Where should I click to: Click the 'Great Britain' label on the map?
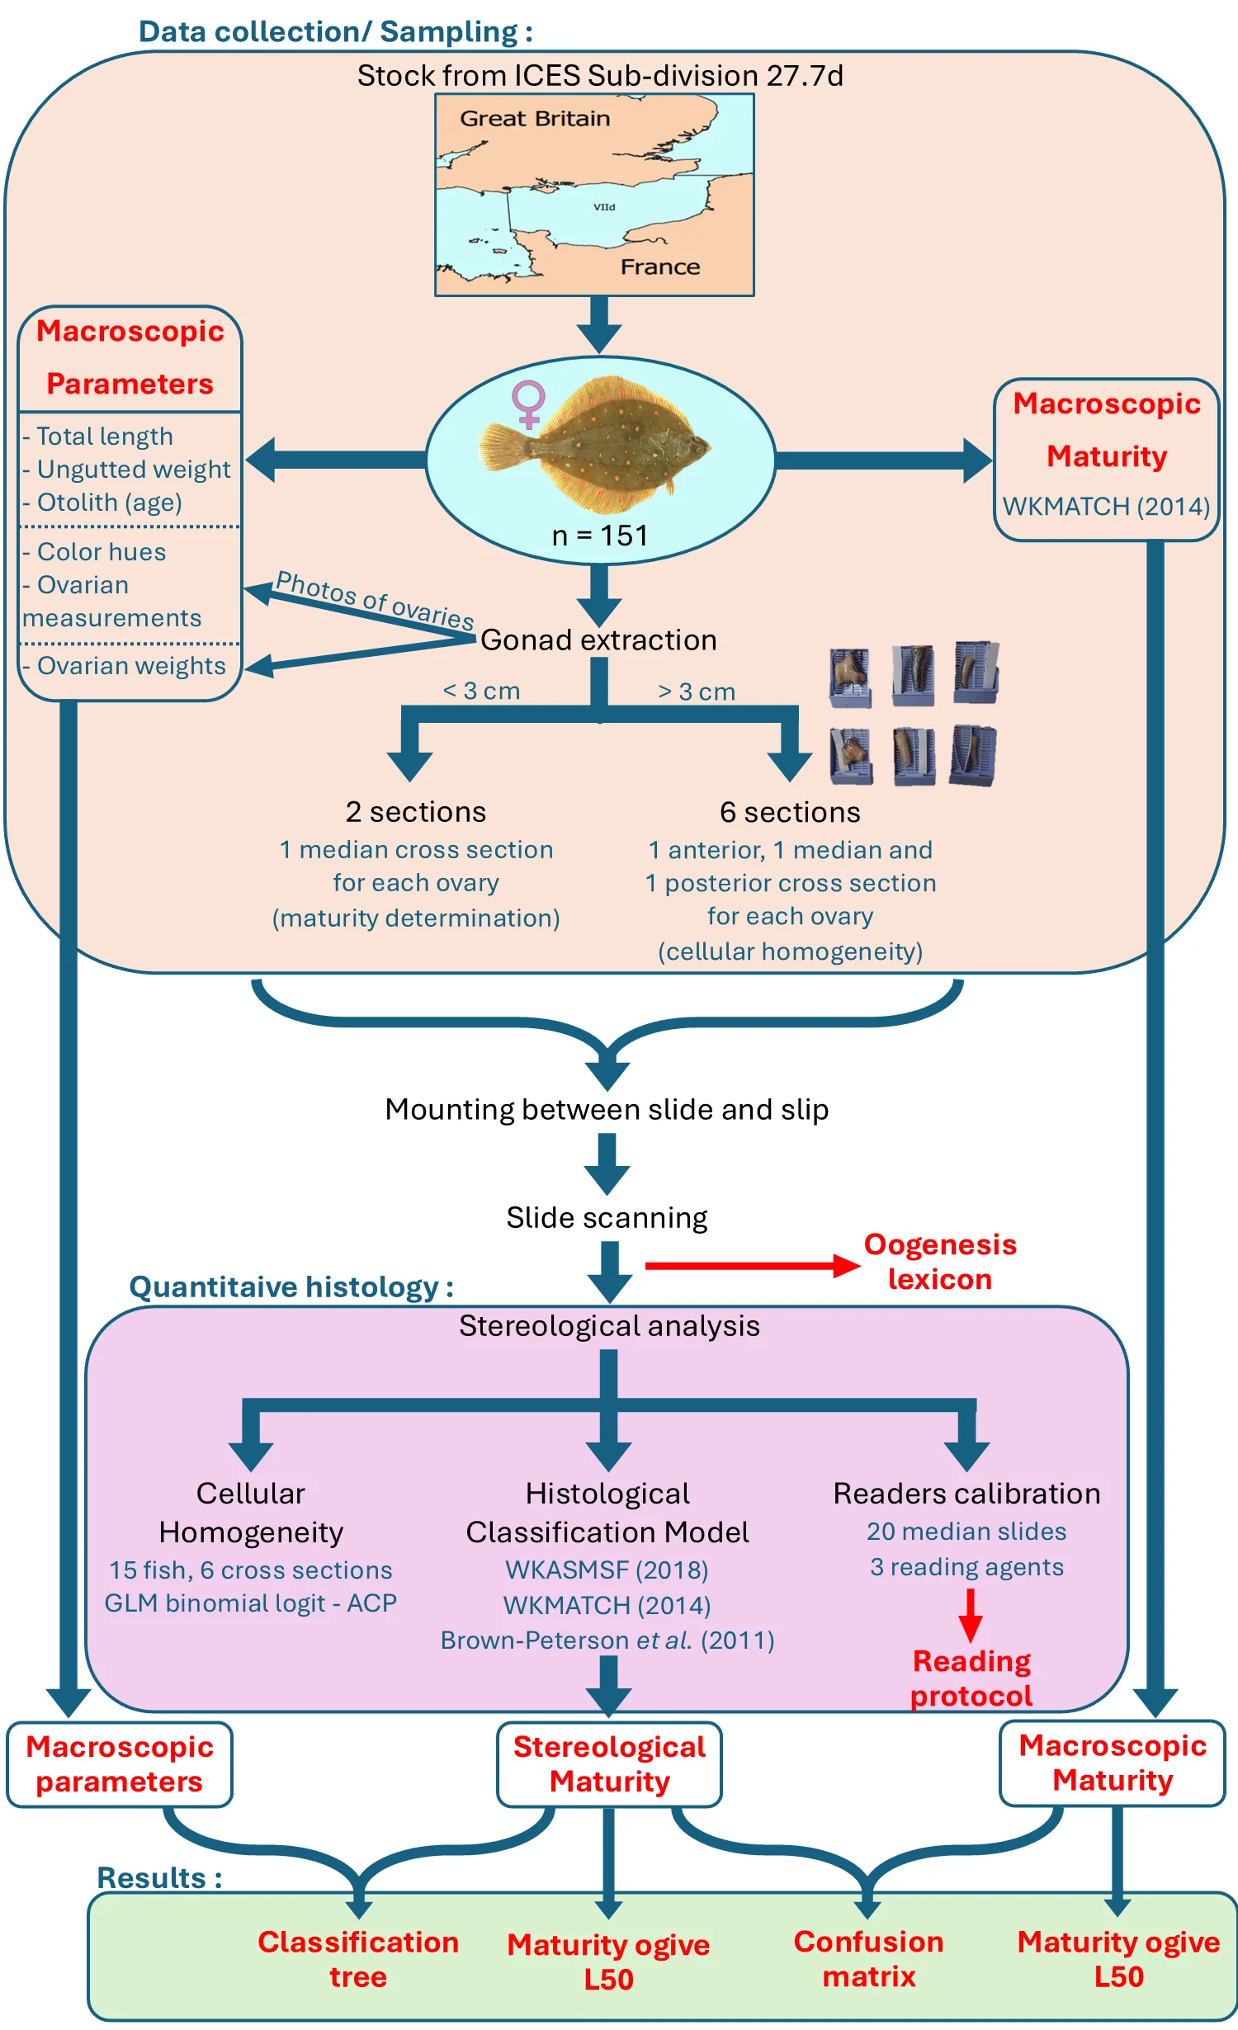tap(535, 119)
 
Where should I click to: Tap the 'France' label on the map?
tap(659, 267)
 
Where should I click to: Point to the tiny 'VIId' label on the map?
tap(604, 207)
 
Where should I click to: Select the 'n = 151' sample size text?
tap(600, 536)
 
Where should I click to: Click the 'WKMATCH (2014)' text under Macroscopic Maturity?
tap(1106, 506)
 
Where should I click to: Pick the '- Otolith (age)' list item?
tap(102, 503)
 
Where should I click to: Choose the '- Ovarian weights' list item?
tap(124, 666)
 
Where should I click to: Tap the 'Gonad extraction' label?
tap(598, 640)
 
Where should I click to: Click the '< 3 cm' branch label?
tap(481, 691)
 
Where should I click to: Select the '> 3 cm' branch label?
tap(696, 692)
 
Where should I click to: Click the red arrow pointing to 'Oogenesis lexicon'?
tap(752, 1266)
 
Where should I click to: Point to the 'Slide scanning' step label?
tap(607, 1218)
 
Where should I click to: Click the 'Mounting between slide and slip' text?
tap(607, 1110)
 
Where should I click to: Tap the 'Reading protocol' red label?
tap(971, 1678)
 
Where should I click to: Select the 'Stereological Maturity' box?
tap(609, 1764)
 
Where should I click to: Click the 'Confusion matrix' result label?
tap(868, 1959)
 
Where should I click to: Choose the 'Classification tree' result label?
tap(358, 1960)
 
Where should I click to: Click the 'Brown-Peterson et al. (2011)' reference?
tap(607, 1641)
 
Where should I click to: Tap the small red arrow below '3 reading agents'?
tap(971, 1614)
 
